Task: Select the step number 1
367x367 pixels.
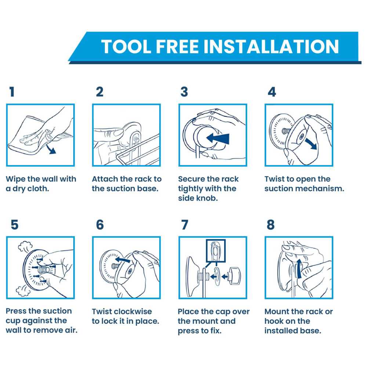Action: point(12,91)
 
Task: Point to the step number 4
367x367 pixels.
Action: point(272,92)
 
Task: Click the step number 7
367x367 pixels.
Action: point(185,225)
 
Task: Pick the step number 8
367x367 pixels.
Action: point(270,225)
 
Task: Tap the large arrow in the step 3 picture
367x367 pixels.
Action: point(218,138)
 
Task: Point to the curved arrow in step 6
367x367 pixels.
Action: point(123,259)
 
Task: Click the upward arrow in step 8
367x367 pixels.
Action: point(299,269)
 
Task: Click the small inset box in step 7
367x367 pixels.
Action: point(215,251)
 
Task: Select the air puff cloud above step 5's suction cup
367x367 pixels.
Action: point(25,246)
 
